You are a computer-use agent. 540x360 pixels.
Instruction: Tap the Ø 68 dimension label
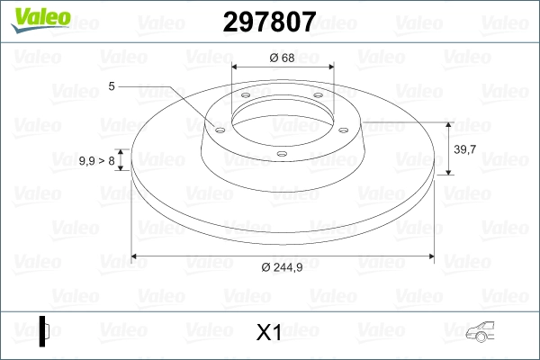click(282, 58)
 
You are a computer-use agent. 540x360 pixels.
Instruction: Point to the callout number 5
click(112, 86)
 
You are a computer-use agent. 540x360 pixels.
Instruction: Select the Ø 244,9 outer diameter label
click(283, 267)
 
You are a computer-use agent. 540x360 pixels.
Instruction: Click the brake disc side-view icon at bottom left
click(44, 330)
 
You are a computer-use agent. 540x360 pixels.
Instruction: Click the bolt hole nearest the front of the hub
click(282, 153)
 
